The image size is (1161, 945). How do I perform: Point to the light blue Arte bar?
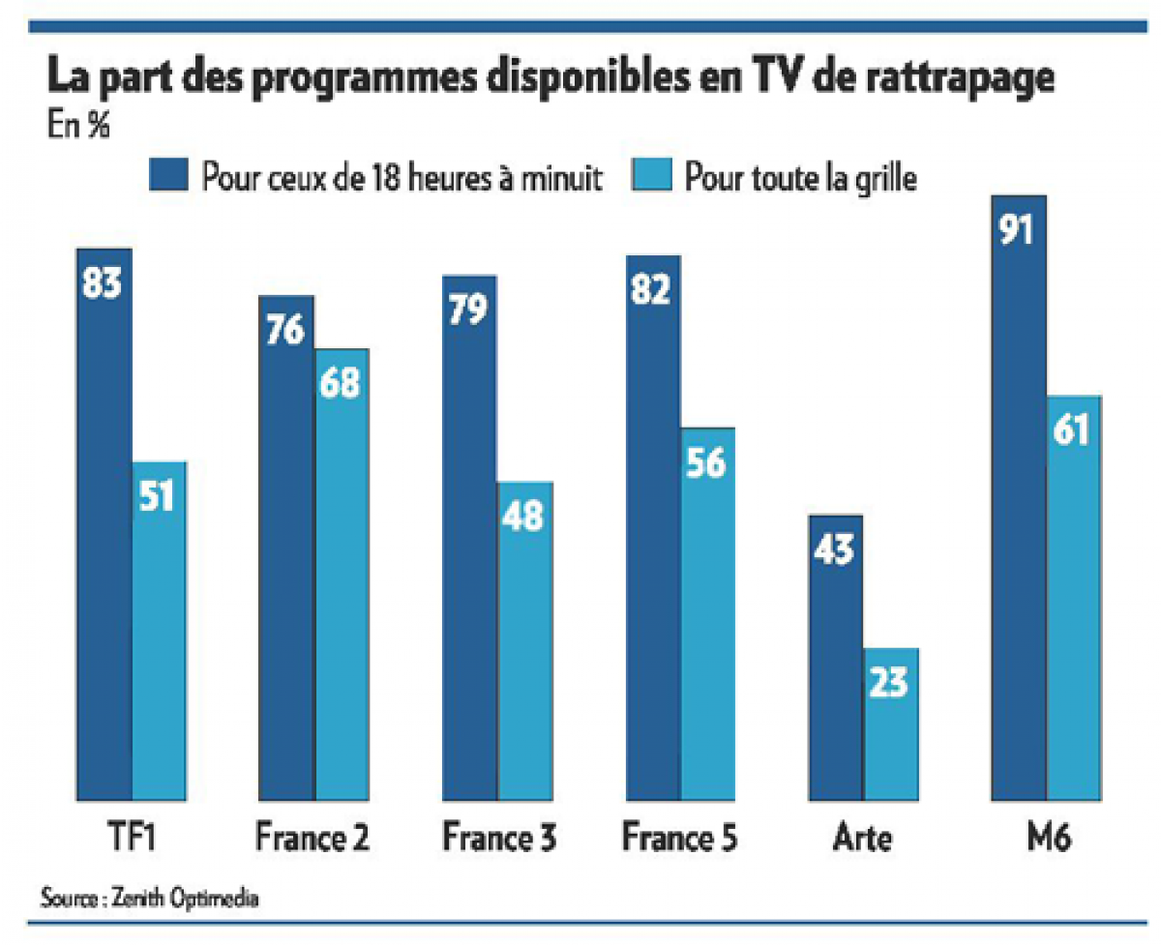(890, 725)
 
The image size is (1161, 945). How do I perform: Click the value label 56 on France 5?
(706, 463)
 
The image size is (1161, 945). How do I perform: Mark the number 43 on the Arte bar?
(834, 551)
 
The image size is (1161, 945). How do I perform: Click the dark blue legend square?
(167, 179)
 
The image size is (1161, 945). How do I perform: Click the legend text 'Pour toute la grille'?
(799, 179)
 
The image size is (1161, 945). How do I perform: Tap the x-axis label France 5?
(680, 837)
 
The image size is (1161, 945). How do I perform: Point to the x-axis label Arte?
(863, 837)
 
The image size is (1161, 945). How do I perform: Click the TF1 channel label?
(131, 837)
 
